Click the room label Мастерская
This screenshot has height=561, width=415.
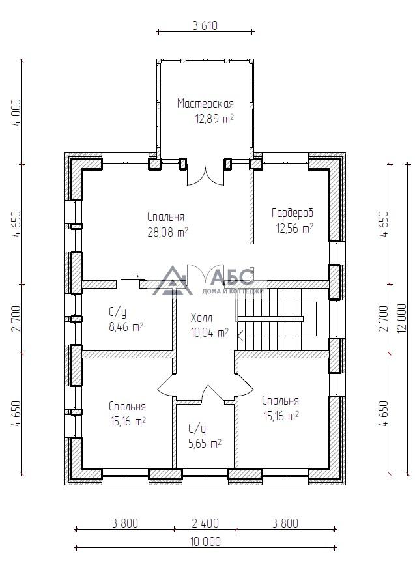[205, 104]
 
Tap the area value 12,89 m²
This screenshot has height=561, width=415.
[214, 119]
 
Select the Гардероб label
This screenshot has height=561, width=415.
[293, 213]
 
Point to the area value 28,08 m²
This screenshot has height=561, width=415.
[168, 233]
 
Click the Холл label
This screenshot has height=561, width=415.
[201, 318]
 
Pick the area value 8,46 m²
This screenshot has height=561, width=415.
[126, 327]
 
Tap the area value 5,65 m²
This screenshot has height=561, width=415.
[205, 444]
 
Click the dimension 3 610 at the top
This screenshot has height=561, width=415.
[205, 26]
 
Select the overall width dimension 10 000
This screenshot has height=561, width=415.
[205, 541]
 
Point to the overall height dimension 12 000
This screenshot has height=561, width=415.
[402, 319]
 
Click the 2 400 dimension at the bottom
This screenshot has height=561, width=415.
[205, 523]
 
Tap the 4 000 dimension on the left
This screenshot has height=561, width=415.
[16, 112]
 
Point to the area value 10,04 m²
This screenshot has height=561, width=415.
[210, 333]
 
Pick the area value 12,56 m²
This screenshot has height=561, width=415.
[294, 228]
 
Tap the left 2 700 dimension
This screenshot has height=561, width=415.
[16, 319]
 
